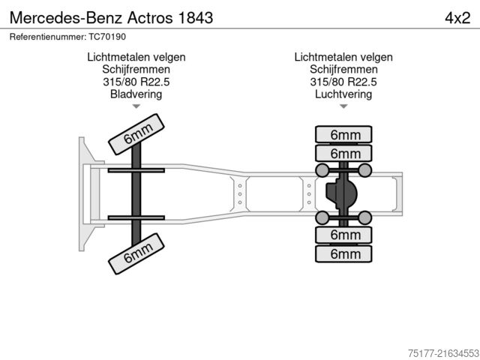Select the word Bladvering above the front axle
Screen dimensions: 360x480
coord(136,94)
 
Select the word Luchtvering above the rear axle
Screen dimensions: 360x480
coord(343,94)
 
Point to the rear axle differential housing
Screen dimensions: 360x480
coord(341,194)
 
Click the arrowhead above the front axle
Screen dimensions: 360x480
coord(136,106)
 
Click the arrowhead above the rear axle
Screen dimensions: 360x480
coord(343,106)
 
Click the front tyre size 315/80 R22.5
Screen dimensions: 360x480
coord(136,82)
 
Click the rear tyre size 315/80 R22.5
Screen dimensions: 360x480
coord(343,82)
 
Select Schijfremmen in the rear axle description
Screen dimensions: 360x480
coord(343,69)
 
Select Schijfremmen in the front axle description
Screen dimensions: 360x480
coord(136,69)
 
